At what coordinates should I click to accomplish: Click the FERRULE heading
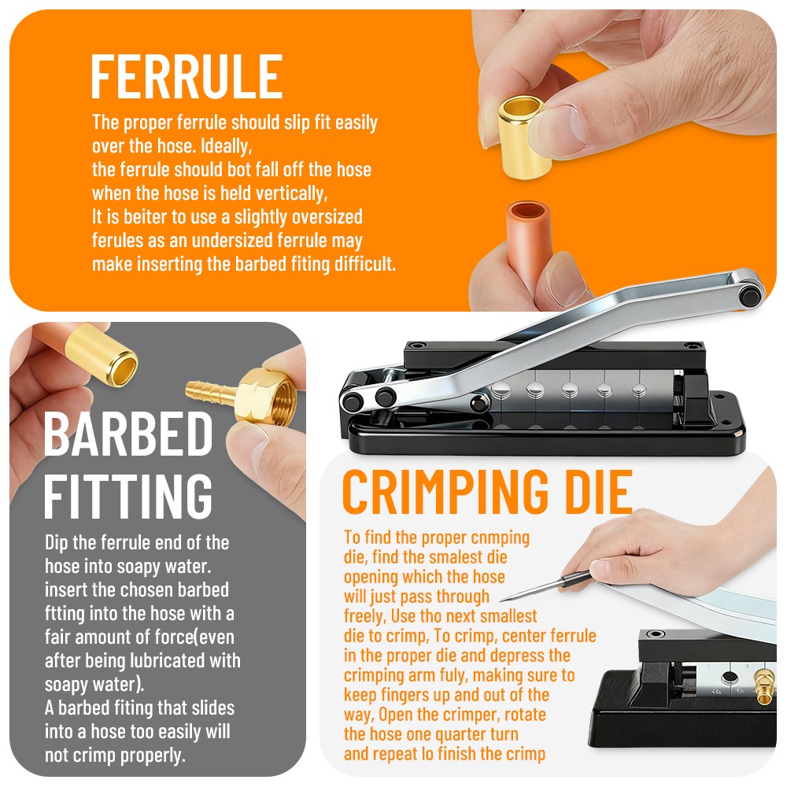click(187, 76)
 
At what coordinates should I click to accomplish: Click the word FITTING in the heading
click(128, 496)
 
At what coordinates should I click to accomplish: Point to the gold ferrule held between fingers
click(523, 136)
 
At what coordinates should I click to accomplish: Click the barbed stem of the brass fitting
click(211, 391)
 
